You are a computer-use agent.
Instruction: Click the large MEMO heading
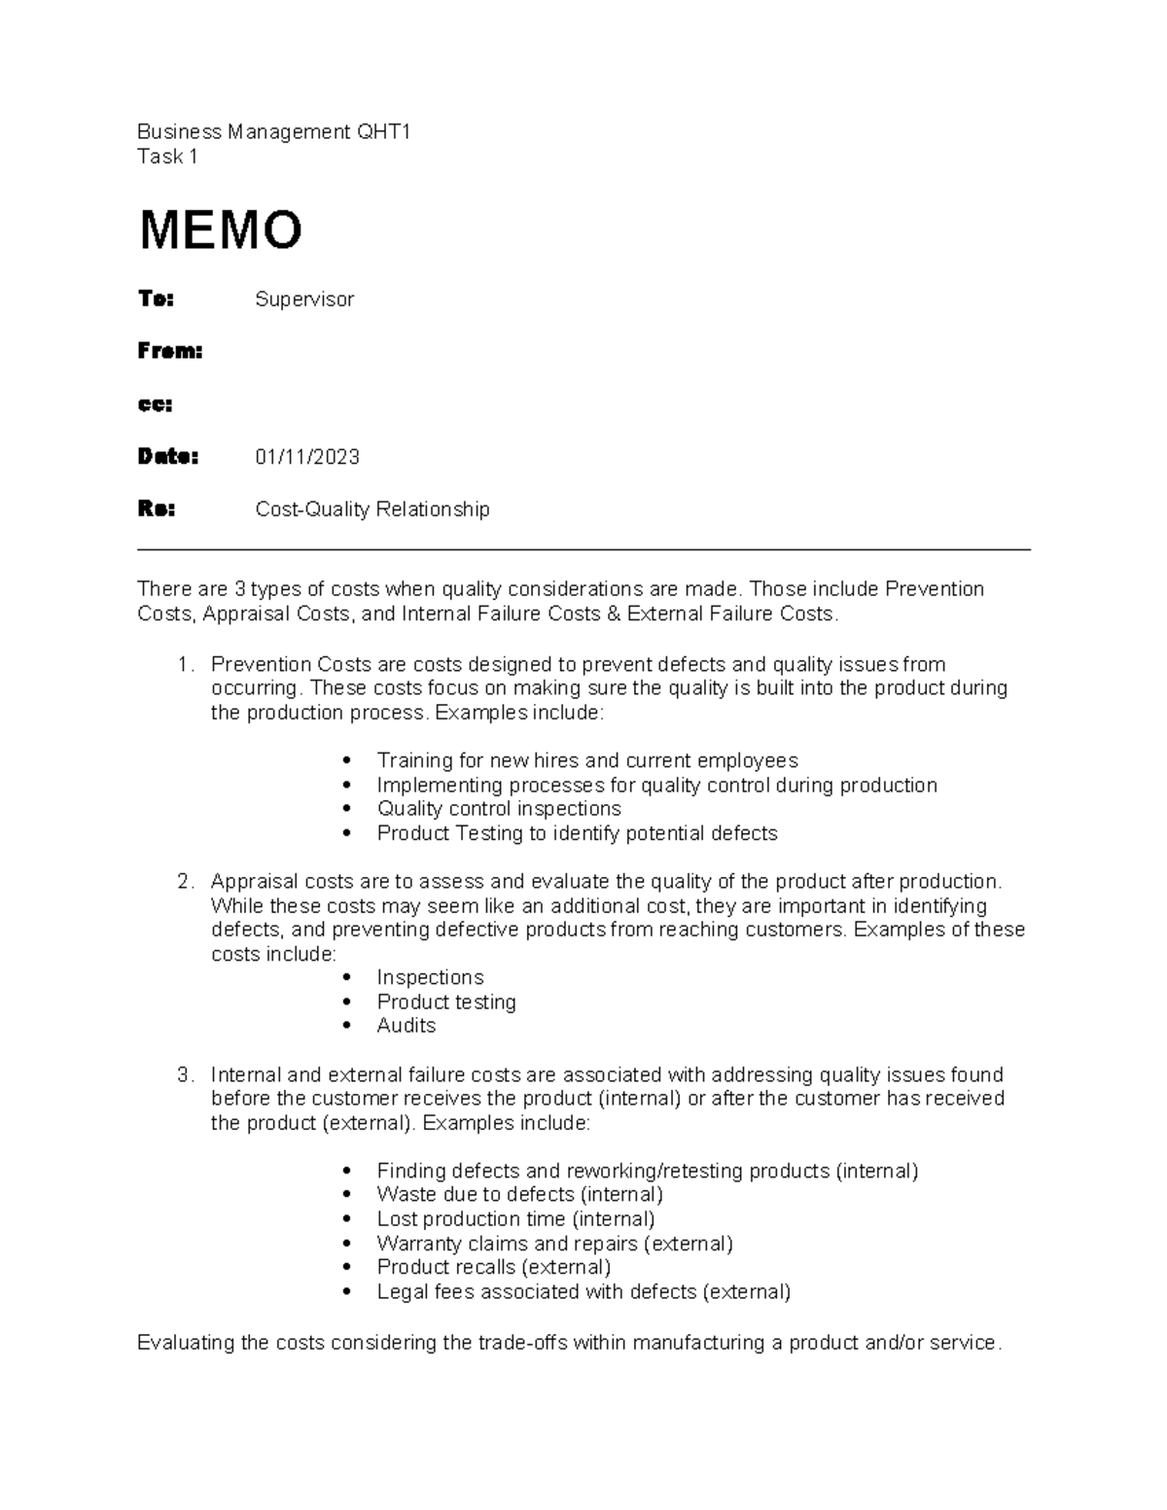(221, 230)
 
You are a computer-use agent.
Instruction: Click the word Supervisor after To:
(304, 299)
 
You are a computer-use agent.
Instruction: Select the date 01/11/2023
(307, 457)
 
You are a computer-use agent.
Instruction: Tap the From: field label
(170, 352)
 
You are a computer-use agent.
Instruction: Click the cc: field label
(155, 404)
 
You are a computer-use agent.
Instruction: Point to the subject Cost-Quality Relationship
(372, 509)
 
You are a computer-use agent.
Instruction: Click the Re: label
(157, 509)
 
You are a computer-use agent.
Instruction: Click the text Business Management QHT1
(274, 132)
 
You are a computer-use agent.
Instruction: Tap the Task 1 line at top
(167, 158)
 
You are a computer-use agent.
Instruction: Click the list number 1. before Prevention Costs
(186, 665)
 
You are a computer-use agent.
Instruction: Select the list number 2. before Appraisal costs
(186, 882)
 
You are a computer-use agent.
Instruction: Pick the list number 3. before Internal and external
(186, 1075)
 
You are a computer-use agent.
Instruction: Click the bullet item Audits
(407, 1026)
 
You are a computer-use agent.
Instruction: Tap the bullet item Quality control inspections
(499, 809)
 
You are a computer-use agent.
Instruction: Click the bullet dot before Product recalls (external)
(348, 1268)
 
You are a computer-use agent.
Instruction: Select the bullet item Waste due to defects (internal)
(519, 1195)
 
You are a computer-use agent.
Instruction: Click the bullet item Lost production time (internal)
(515, 1219)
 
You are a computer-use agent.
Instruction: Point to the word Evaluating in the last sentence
(186, 1344)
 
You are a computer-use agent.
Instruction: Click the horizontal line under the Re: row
(583, 550)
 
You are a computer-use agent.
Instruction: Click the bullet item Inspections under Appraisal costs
(430, 978)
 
